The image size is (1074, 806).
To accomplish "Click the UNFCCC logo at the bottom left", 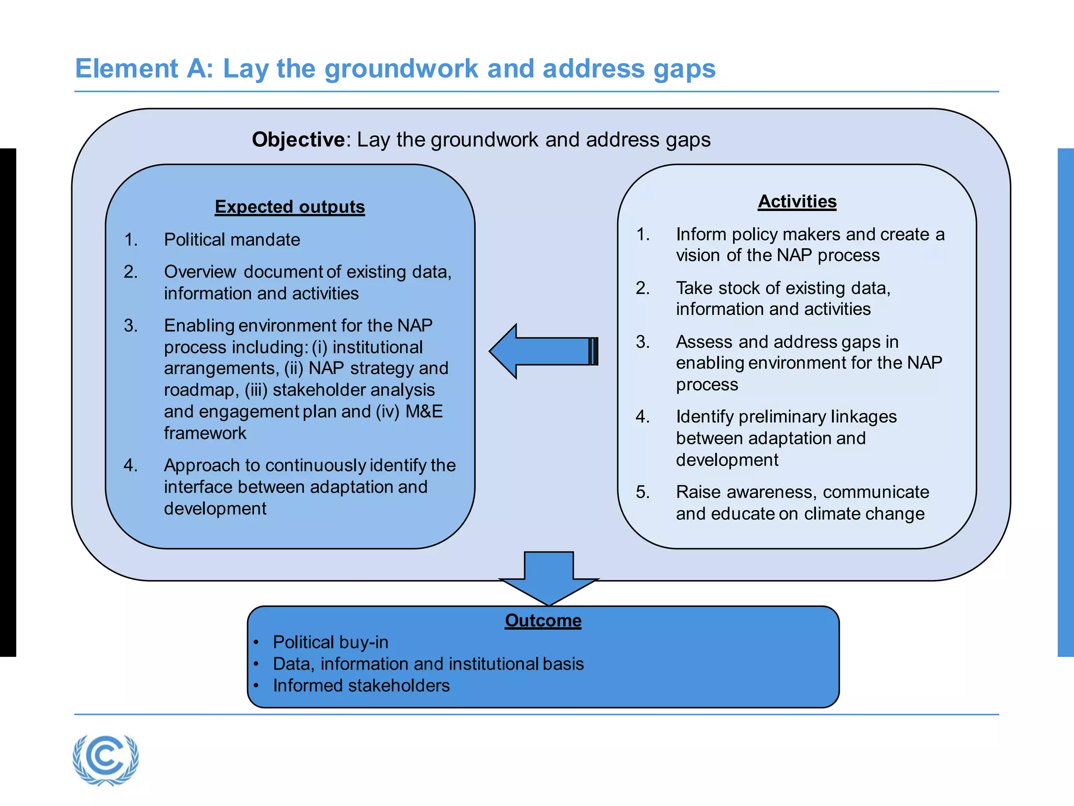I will tap(106, 759).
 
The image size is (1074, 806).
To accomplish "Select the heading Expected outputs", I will tap(289, 207).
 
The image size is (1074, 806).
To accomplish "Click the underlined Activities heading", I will tap(797, 201).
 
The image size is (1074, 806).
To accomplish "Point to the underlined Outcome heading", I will tap(543, 620).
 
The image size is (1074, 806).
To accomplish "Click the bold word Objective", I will tap(298, 140).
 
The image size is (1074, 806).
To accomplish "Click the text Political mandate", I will tap(232, 240).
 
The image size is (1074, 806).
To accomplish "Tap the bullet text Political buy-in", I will tap(330, 642).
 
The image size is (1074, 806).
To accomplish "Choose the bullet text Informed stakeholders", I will tap(361, 686).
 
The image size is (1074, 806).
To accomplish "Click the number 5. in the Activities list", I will tap(643, 492).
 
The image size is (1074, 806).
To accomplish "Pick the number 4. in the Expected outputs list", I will tap(131, 465).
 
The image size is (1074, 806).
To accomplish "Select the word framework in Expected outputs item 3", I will tap(205, 433).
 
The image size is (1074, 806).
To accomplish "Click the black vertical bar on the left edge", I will tap(8, 402).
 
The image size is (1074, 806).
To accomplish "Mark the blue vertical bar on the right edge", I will tap(1066, 402).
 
